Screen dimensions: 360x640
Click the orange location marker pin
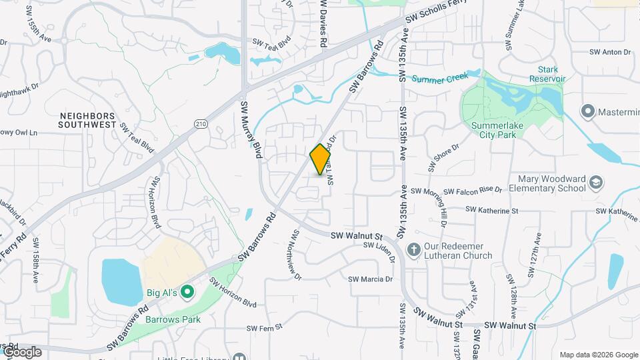point(321,159)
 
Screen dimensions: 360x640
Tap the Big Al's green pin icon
point(187,292)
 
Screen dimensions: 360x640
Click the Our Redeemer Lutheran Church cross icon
point(413,250)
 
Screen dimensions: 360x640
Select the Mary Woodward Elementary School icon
point(595,182)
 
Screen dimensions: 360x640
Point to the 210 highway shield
point(201,124)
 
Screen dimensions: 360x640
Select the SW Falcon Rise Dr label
point(457,190)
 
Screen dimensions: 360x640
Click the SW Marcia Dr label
point(370,279)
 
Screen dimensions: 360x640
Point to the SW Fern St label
point(265,327)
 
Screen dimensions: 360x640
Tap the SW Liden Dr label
point(379,245)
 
